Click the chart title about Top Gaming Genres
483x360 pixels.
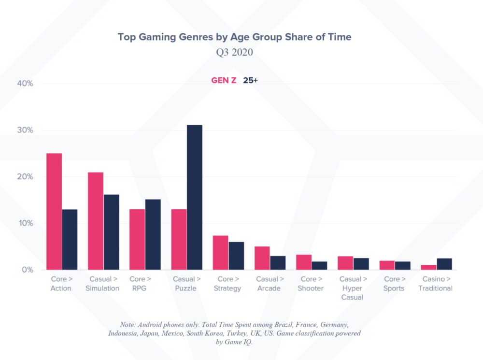[234, 37]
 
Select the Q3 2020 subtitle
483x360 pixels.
[234, 53]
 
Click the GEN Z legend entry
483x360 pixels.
[224, 81]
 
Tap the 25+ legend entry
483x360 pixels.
[250, 81]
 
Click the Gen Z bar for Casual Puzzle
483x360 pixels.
[179, 239]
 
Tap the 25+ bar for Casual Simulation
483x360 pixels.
[112, 232]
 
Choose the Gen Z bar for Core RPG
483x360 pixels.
[137, 239]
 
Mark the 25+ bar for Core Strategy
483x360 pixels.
[236, 256]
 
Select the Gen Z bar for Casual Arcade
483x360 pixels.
[262, 258]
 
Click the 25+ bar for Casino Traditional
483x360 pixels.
[444, 264]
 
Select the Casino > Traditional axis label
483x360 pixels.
[437, 284]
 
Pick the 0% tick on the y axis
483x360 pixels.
[27, 270]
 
